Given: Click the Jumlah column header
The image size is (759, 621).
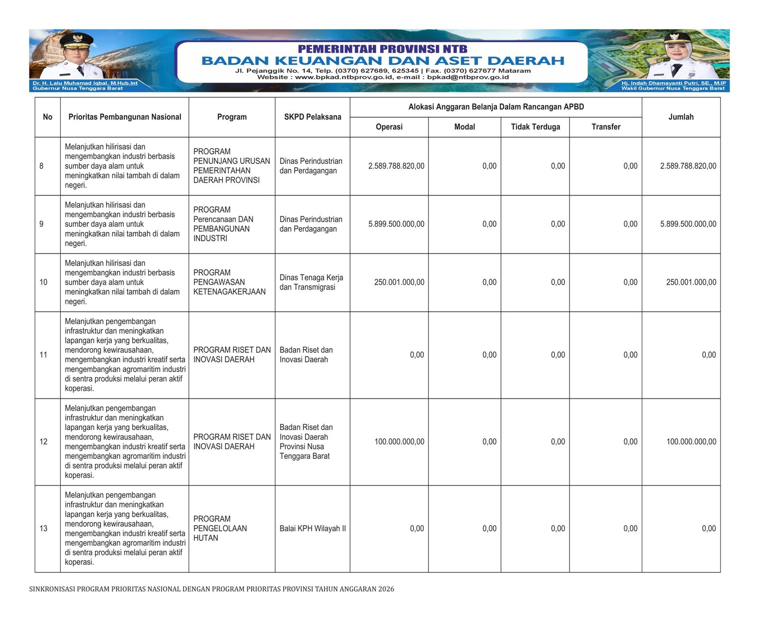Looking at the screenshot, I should coord(681,117).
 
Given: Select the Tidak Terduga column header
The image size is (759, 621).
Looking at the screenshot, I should coord(535,127).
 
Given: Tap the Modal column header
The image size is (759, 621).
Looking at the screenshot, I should coord(464,127).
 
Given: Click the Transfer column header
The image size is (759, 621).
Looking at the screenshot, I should coord(606,127).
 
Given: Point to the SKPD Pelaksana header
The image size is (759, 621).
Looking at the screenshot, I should coord(313,117).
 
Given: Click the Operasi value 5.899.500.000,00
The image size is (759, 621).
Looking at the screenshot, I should coord(396,224).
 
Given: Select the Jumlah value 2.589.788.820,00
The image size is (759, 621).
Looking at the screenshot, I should coord(688,166).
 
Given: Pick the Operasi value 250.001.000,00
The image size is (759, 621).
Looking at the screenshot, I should coord(399,282).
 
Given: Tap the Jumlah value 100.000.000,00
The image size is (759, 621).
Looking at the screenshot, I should coord(691,442).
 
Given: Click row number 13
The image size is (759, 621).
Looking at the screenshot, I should coord(44,528).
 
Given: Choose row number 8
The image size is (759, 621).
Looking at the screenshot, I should coord(42,166).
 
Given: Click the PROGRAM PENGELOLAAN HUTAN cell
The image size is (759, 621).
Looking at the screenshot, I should coord(220,528).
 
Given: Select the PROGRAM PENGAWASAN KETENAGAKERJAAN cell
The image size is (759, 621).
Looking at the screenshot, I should coord(229,282).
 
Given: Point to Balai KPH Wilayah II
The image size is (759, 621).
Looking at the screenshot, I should coord(313,528).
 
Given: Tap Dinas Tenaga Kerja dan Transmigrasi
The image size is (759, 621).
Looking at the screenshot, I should coord(311,282).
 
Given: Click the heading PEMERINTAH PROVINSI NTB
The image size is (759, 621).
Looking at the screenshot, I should coord(382,49).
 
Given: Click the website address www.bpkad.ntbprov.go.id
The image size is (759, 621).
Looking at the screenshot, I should coord(344,77).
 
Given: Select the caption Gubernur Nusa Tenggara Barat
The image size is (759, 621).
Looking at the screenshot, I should coord(78,88).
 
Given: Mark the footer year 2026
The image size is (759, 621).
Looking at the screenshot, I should coord(386,589).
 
